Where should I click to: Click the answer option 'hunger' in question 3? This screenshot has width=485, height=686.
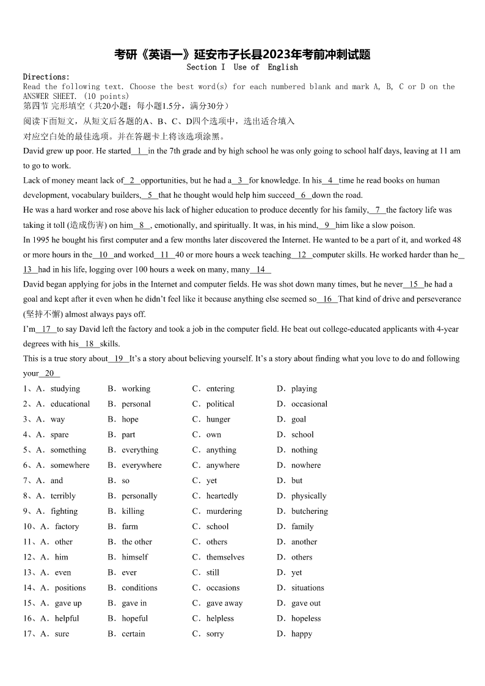pos(218,419)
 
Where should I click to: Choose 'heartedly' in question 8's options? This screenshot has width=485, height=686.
pos(222,496)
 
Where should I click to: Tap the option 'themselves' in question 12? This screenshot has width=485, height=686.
pos(225,557)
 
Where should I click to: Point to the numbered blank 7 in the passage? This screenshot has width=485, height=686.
pos(377,210)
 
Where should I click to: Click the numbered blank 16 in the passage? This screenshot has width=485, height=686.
pos(327,299)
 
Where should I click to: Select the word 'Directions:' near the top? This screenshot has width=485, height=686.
pos(46,77)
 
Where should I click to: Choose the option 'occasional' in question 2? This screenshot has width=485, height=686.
pos(309,404)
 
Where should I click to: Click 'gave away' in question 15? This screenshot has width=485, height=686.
pos(224,603)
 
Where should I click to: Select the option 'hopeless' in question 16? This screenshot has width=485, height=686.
pos(305,618)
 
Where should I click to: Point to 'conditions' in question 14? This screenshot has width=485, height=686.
pos(139,588)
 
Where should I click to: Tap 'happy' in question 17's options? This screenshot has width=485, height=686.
pos(302,633)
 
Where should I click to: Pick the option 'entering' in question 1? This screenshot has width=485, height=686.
pos(220,389)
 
